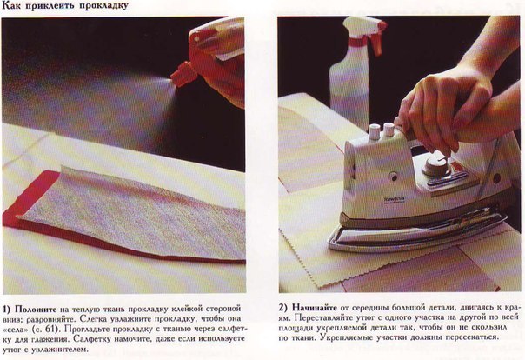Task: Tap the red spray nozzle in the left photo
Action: pyautogui.click(x=183, y=74)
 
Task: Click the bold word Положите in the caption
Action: pyautogui.click(x=36, y=309)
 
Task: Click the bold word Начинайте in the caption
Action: pyautogui.click(x=315, y=308)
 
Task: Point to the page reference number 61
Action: pyautogui.click(x=47, y=329)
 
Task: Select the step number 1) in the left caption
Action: pyautogui.click(x=7, y=309)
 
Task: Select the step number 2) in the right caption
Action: pyautogui.click(x=283, y=308)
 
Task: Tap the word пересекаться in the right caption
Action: pyautogui.click(x=470, y=337)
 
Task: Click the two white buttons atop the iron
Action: pyautogui.click(x=382, y=130)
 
